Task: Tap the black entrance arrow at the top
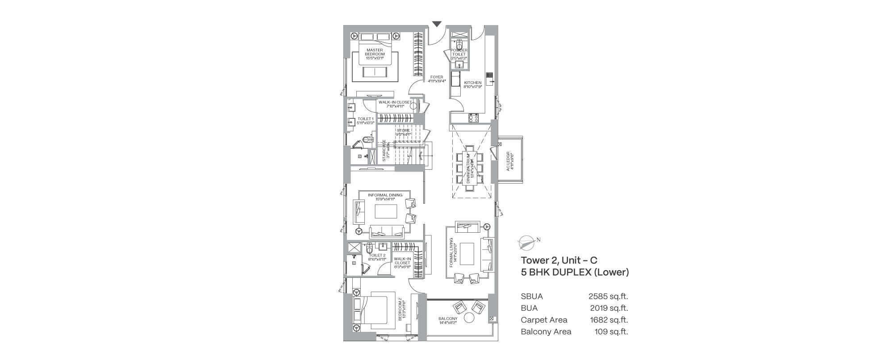(437, 24)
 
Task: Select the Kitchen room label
(473, 85)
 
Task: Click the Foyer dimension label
(437, 81)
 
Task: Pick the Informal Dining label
(385, 197)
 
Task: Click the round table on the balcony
(469, 318)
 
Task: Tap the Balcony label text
(448, 321)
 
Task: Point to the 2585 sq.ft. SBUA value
(608, 296)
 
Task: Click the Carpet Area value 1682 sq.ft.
(609, 320)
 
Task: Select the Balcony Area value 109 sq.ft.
(611, 332)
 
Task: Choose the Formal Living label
(453, 253)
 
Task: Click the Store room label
(403, 132)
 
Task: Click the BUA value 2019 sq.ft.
(609, 308)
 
